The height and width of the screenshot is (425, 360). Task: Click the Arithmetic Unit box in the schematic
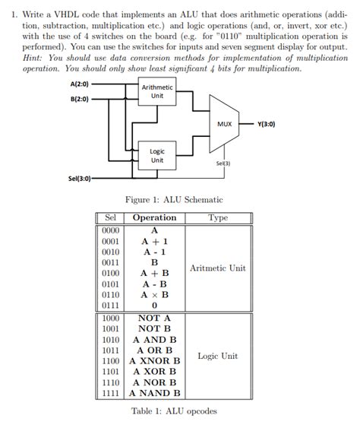[x=157, y=92]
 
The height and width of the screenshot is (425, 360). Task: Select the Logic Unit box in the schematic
[x=157, y=156]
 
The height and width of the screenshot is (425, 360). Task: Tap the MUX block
[x=224, y=124]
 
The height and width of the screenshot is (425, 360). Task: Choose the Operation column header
[x=154, y=217]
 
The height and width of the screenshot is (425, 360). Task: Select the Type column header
[x=217, y=217]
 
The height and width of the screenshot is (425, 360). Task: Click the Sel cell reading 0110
[x=112, y=294]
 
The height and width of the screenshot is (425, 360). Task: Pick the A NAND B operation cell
[x=154, y=394]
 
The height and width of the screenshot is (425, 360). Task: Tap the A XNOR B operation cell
[x=154, y=361]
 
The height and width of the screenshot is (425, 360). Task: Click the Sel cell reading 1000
[x=112, y=319]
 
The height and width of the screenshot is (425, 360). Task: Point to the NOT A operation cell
[x=154, y=319]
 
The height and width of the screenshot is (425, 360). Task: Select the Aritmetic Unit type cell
[x=218, y=268]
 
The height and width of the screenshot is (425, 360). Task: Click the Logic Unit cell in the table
[x=218, y=356]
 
